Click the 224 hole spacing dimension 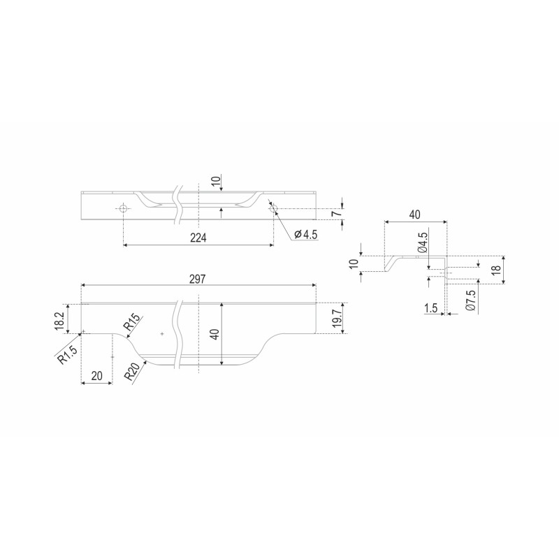(198, 238)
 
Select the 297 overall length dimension (198, 279)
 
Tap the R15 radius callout (131, 323)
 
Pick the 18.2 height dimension (59, 321)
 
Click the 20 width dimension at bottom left (97, 375)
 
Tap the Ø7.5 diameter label (470, 300)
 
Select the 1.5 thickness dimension (431, 308)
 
